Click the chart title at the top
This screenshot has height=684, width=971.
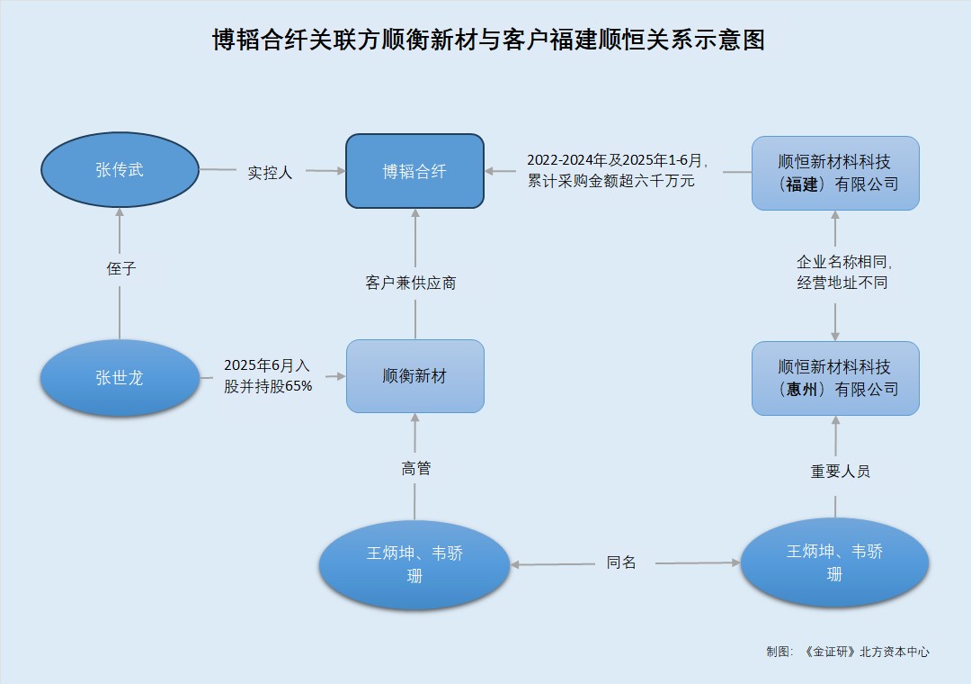(488, 40)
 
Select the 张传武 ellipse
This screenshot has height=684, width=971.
(120, 169)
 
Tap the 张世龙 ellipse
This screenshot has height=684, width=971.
(120, 377)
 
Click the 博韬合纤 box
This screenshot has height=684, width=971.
(414, 171)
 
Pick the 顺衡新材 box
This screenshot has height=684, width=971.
(414, 376)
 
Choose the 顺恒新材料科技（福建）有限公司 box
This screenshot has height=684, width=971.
(835, 173)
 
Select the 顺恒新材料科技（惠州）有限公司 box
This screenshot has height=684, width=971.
(835, 378)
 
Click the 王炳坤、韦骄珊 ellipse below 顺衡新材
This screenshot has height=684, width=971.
(414, 564)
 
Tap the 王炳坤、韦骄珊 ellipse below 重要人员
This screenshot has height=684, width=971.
(834, 562)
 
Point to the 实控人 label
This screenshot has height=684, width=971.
(271, 172)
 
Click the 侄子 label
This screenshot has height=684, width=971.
(120, 268)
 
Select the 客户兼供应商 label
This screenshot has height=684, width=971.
(411, 283)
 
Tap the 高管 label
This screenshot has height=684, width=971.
(415, 468)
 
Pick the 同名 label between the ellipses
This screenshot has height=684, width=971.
(621, 562)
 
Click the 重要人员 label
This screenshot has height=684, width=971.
(841, 472)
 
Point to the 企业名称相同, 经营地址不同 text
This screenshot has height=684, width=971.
(842, 272)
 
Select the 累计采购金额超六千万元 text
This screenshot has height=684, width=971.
(611, 181)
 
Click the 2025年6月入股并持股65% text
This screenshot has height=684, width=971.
(267, 376)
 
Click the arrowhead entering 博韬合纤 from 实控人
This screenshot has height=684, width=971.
(341, 171)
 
